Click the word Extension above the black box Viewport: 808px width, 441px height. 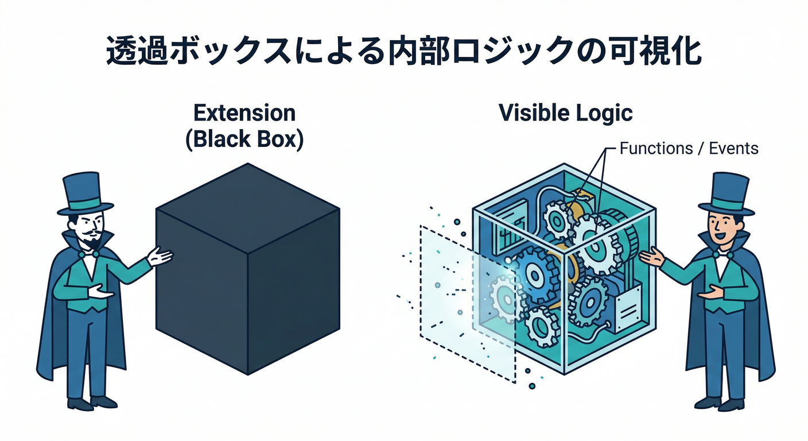[244, 113]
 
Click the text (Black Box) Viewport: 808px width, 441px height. [244, 139]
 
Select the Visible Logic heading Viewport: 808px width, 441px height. [565, 113]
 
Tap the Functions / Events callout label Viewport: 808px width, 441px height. [689, 149]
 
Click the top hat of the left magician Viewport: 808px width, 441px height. [86, 192]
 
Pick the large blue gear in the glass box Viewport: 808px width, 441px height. [537, 276]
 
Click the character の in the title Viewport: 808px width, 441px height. [600, 52]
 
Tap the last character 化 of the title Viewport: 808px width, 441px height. [685, 52]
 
